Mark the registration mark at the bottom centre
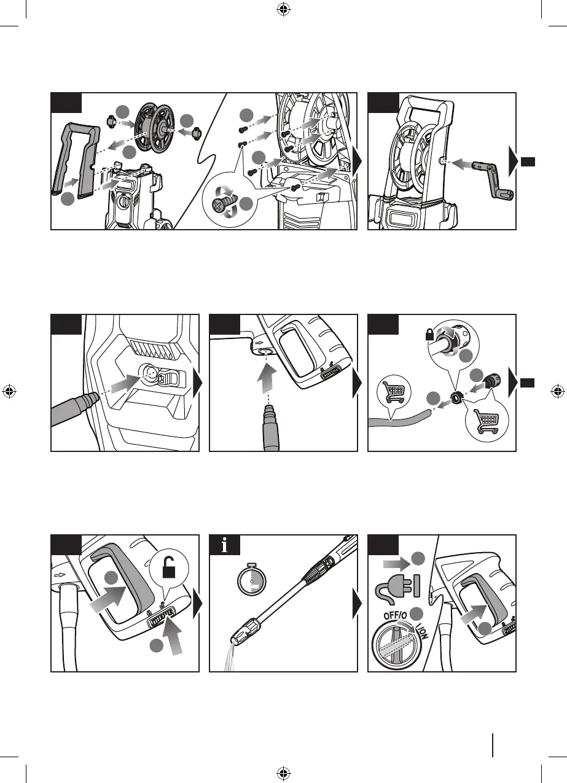pyautogui.click(x=283, y=773)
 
